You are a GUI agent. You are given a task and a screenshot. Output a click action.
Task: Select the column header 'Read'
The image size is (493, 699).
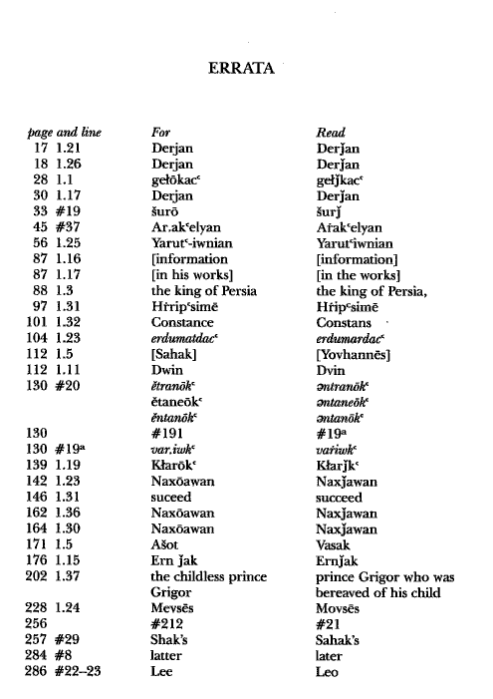click(330, 132)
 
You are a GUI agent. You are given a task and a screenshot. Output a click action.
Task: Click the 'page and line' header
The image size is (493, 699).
click(64, 132)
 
